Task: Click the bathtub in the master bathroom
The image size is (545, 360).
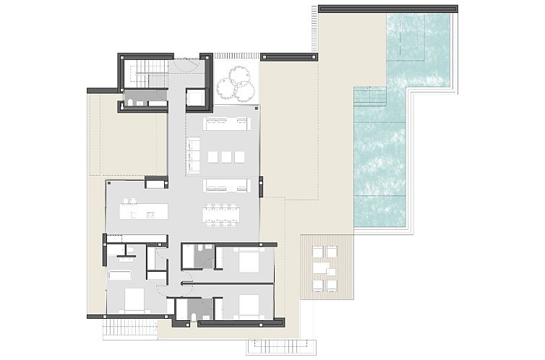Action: tap(120, 275)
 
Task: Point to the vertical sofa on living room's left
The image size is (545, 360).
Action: tap(193, 153)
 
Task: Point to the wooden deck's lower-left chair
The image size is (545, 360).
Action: tap(314, 286)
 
